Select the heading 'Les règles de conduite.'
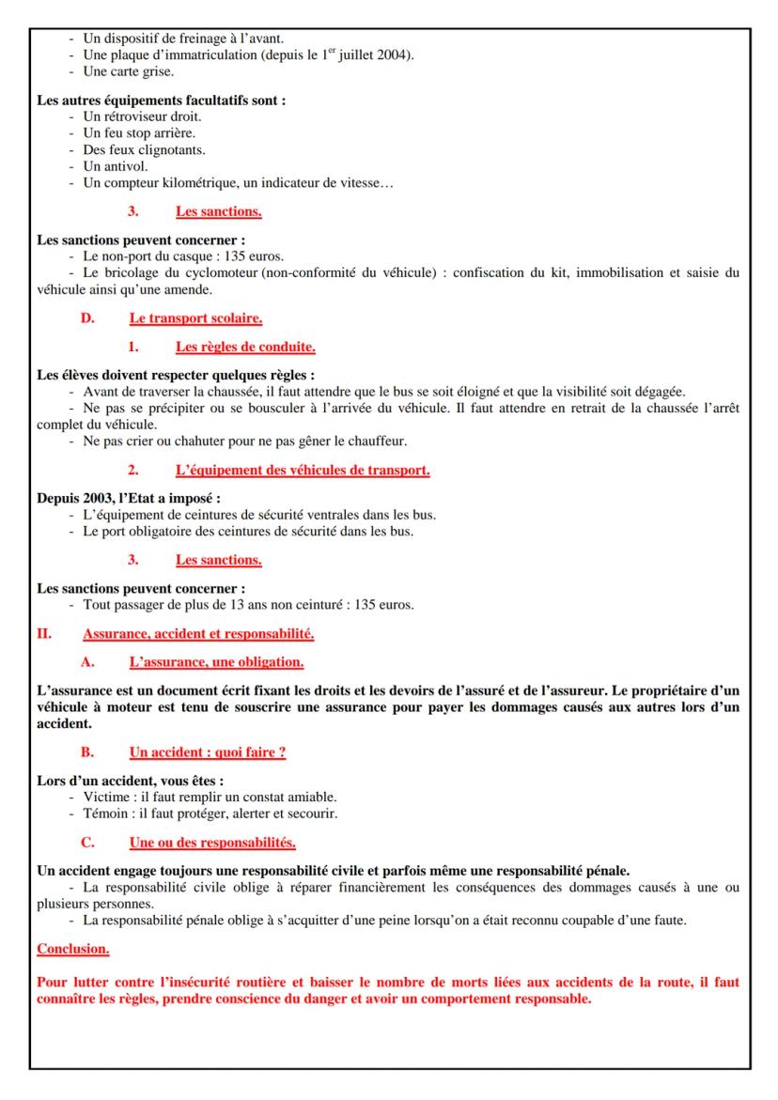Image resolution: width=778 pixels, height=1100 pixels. pos(244,348)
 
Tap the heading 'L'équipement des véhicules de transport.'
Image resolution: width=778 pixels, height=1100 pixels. pos(303,470)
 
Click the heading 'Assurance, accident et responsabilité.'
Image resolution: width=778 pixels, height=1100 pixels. pos(198,634)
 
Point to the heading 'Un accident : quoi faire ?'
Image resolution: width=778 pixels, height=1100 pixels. pos(208,752)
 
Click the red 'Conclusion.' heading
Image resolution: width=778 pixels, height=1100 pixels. pos(72,949)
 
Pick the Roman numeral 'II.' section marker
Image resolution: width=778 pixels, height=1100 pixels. pos(44,634)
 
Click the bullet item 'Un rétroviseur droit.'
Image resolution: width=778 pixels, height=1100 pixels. pos(142,116)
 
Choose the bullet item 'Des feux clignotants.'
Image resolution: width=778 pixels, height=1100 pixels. pos(144,149)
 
